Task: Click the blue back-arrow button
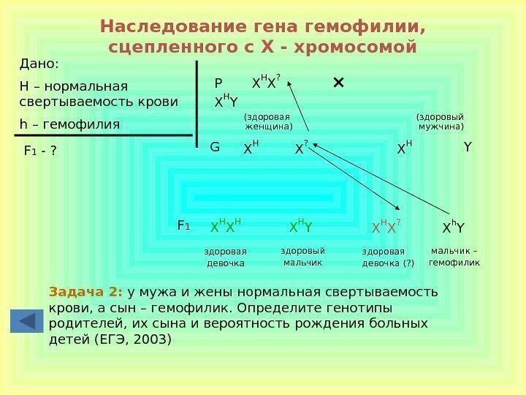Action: (x=26, y=321)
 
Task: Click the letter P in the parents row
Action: (x=218, y=83)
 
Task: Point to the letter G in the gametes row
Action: (x=215, y=147)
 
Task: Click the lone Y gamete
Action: (x=468, y=148)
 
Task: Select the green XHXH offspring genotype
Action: (x=226, y=227)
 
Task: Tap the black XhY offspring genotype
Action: (x=454, y=227)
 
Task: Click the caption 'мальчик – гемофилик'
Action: (x=454, y=256)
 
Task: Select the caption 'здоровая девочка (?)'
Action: (x=388, y=257)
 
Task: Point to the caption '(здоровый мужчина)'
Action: (x=440, y=121)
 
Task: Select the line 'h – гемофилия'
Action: (x=69, y=124)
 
